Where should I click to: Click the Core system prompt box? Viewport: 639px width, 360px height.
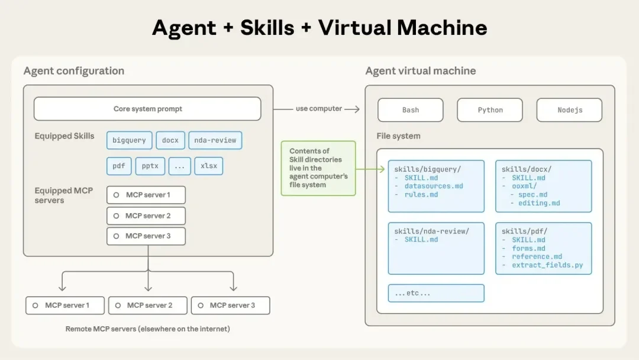pos(147,109)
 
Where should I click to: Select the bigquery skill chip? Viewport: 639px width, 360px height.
pos(129,140)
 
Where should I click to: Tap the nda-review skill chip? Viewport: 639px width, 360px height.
pos(215,140)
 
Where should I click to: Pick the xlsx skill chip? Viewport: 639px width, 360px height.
pos(209,166)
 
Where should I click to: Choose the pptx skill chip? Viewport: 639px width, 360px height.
pos(150,166)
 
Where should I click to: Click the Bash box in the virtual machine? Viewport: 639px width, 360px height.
pos(411,110)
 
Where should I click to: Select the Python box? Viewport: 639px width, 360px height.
pos(490,110)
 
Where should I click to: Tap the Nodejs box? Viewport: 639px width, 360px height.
pos(569,110)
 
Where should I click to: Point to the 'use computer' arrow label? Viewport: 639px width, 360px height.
pos(319,109)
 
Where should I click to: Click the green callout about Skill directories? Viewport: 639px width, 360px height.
pos(318,168)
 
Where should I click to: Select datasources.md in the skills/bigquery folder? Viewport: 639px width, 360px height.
pos(434,186)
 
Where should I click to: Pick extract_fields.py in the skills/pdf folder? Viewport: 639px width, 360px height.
pos(547,265)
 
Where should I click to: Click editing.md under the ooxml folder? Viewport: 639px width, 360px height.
pos(539,203)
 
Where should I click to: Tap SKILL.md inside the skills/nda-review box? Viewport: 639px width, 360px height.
pos(421,240)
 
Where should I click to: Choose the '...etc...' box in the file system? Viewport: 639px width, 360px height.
pos(436,293)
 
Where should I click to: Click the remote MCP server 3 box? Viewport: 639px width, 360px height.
pos(230,306)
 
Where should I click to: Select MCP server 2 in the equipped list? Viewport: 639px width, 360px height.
pos(146,216)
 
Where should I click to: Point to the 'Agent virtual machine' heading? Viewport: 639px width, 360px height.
pos(421,71)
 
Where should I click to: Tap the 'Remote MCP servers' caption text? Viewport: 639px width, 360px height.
pos(148,329)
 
